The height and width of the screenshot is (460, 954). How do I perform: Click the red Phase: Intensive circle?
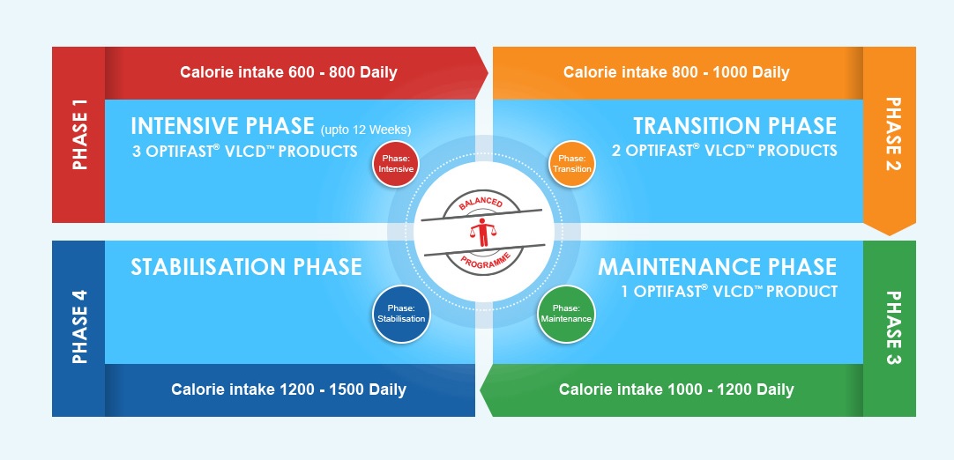coord(396,164)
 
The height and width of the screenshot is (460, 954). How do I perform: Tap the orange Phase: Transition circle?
coord(571,164)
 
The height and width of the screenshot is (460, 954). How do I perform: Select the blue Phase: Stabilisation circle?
coord(401,314)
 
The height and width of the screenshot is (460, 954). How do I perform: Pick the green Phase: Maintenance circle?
coord(566,314)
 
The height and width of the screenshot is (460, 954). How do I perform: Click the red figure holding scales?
coord(483,232)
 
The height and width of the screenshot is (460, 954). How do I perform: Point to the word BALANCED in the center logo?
coord(481,203)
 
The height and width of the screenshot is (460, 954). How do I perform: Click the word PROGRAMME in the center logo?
coord(484,262)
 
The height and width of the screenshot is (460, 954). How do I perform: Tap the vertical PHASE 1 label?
coord(79,135)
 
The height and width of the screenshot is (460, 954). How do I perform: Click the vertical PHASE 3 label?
coord(892,328)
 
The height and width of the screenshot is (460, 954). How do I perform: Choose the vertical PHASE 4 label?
coord(79,327)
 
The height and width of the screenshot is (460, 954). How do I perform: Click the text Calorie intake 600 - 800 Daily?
coord(288,72)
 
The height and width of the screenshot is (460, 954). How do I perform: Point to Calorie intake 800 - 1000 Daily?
coord(676,72)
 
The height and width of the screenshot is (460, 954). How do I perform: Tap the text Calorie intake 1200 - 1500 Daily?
coord(288,390)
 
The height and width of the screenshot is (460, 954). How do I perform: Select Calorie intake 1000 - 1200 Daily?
coord(676,390)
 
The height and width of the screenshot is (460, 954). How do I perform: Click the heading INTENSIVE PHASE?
coord(222,126)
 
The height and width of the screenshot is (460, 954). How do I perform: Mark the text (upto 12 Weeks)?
coord(366,130)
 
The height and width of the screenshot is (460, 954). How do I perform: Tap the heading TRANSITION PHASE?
coord(735,126)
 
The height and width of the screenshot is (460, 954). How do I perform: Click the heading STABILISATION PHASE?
coord(246,267)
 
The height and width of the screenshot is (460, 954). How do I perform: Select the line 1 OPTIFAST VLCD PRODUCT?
coord(729,292)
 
